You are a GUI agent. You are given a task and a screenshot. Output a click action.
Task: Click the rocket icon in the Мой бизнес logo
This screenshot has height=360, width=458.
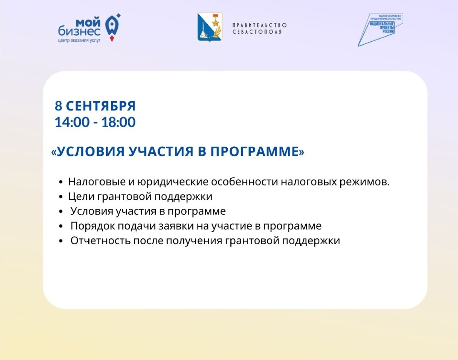(112, 27)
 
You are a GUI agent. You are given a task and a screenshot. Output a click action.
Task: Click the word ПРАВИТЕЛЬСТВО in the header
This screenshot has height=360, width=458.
(259, 25)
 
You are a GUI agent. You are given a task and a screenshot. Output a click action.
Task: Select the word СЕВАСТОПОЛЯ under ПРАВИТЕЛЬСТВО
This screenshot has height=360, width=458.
(257, 32)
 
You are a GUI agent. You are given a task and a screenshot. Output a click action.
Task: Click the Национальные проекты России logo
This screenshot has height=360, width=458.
(380, 30)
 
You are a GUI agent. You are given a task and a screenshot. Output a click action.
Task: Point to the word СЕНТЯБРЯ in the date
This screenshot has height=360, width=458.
(101, 106)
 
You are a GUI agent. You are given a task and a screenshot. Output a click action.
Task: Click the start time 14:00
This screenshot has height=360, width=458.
(72, 122)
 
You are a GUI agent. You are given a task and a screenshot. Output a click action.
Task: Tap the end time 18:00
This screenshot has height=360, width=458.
(118, 122)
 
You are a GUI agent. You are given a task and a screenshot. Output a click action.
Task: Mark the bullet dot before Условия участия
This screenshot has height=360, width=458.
(61, 211)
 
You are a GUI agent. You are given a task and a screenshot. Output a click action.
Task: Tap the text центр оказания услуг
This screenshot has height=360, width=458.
(79, 40)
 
